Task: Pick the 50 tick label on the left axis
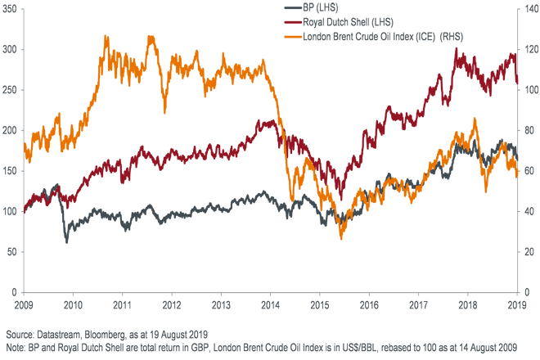coord(14,252)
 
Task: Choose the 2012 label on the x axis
coord(173,304)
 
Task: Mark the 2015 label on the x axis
coord(321,304)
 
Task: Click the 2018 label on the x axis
coord(469,304)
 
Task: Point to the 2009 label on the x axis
coord(25,304)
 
